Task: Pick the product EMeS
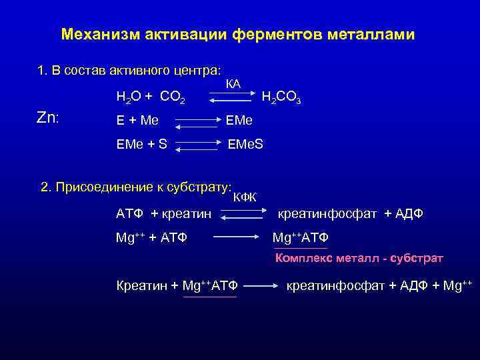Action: (246, 143)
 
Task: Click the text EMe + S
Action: (141, 143)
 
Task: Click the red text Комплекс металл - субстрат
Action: (359, 258)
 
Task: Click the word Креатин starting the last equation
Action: (141, 286)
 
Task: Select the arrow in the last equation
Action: (261, 287)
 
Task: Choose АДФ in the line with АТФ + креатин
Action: (409, 214)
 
